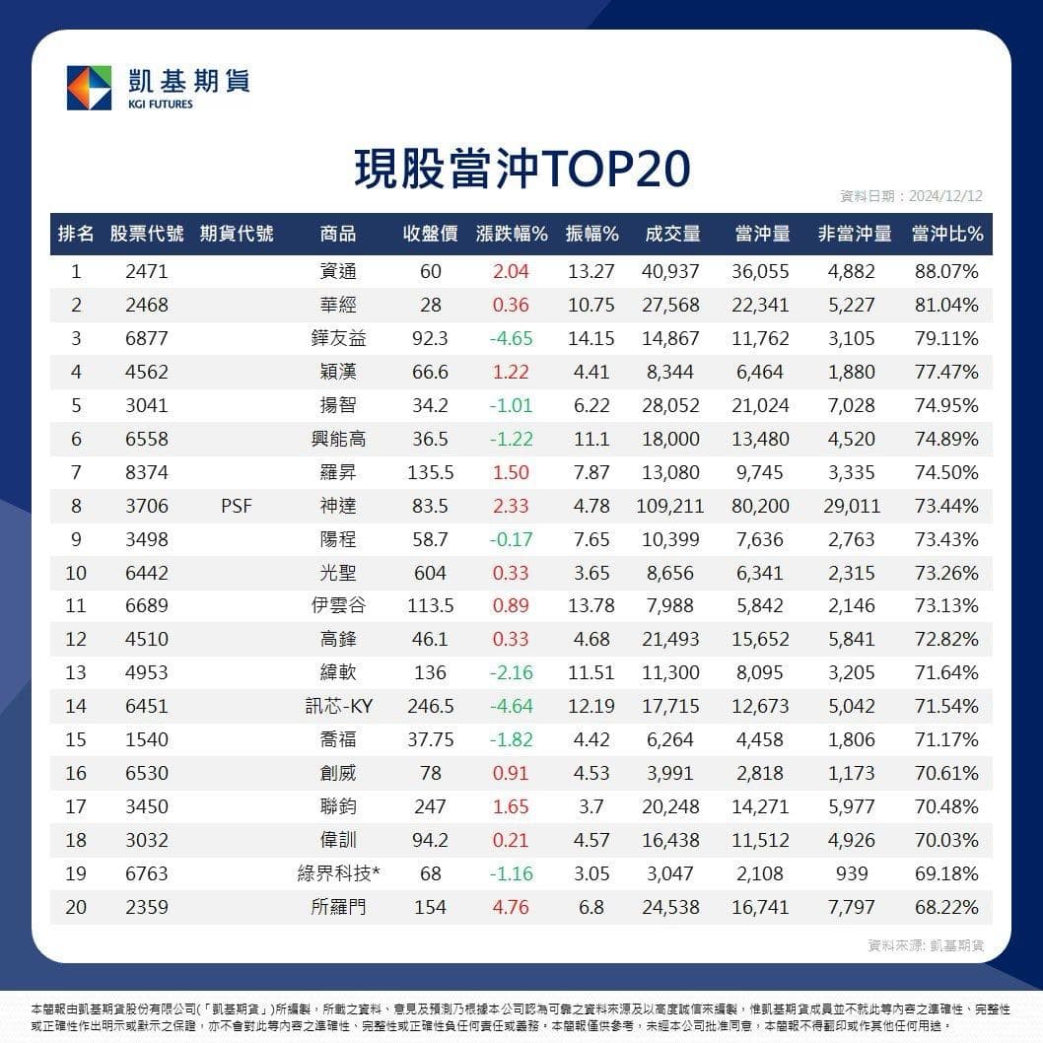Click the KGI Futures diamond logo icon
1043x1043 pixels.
(x=89, y=88)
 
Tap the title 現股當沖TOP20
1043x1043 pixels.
(x=522, y=169)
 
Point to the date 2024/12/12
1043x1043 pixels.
(x=945, y=195)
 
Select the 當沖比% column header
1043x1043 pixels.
(x=947, y=234)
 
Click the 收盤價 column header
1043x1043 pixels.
(x=431, y=234)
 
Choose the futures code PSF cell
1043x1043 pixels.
(x=237, y=506)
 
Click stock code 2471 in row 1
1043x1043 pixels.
(x=146, y=271)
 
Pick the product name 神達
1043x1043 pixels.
(x=338, y=506)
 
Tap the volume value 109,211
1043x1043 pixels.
(x=669, y=506)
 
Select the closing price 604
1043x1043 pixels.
(x=430, y=573)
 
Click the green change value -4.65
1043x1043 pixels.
(x=511, y=338)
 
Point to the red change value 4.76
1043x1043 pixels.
(x=511, y=907)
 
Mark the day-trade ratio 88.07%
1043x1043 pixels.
(x=946, y=271)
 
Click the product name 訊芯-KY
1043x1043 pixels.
(x=338, y=706)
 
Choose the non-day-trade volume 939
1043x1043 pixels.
(x=852, y=873)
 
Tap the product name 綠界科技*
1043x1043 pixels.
(x=338, y=873)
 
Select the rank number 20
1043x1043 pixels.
(x=76, y=907)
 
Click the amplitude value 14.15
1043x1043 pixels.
(x=591, y=338)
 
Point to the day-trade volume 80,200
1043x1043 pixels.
(x=760, y=506)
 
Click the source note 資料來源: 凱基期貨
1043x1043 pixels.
(x=926, y=945)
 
